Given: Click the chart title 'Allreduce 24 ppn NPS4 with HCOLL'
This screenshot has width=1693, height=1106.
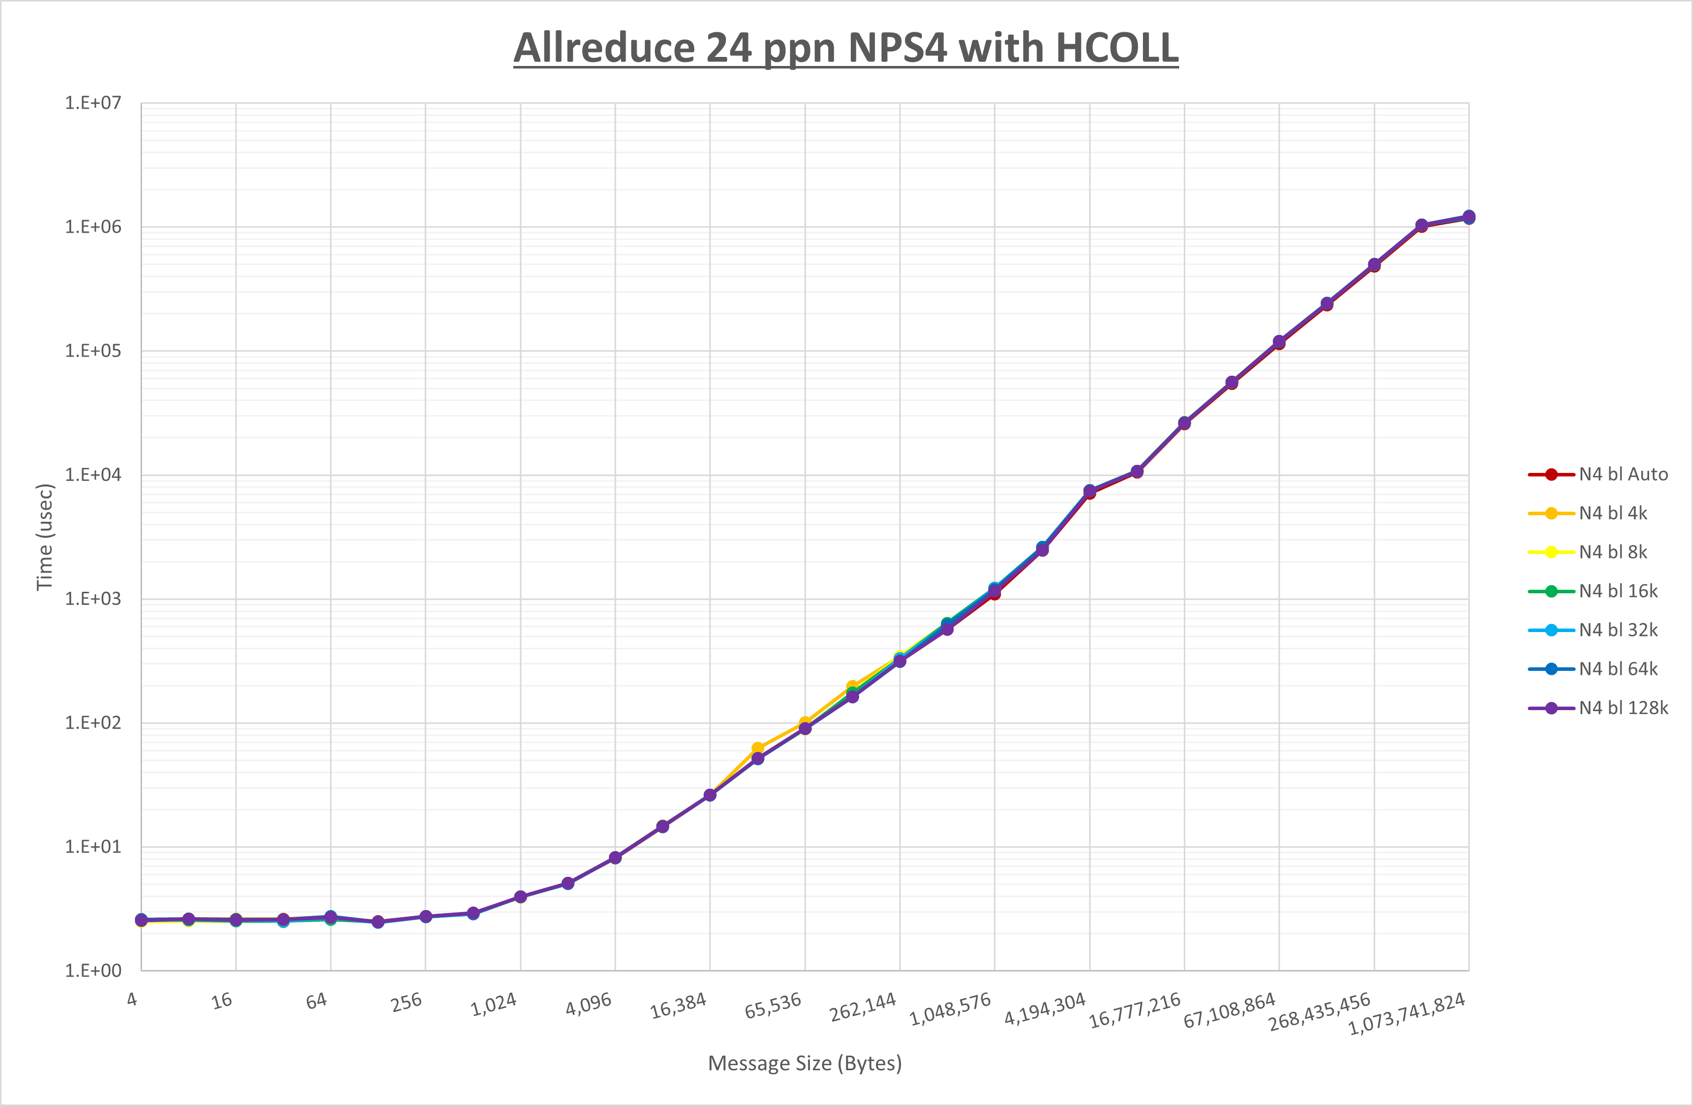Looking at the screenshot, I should [846, 48].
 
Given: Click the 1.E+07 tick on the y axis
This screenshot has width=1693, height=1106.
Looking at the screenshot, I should [93, 103].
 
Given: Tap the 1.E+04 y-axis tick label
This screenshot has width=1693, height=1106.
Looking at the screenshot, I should [93, 475].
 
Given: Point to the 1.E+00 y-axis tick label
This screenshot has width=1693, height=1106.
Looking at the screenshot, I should [93, 971].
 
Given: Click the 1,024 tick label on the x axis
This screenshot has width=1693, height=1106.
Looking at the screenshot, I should [494, 1005].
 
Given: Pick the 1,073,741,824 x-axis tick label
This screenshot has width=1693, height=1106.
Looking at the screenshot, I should [1407, 1013].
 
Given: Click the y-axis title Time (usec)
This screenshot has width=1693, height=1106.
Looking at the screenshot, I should [45, 537].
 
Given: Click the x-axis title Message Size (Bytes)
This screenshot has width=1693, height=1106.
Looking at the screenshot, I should [804, 1063].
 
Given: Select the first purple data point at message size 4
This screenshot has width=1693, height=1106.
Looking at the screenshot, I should [142, 920].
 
